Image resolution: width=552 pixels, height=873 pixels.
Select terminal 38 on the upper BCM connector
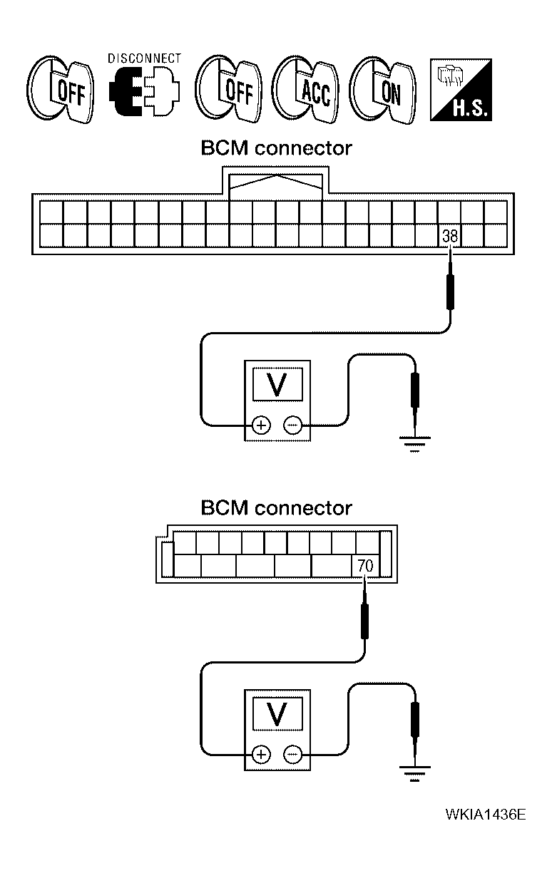coord(449,236)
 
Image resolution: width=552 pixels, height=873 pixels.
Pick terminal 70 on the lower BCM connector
coord(365,567)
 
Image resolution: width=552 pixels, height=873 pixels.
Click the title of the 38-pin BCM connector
coord(276,148)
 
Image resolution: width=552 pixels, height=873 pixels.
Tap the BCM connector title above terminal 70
coord(276,508)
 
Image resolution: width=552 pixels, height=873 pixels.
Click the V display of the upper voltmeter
coord(279,385)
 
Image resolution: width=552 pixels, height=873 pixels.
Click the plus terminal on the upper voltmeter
coord(261,425)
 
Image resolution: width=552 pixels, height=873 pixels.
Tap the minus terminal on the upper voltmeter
coord(292,425)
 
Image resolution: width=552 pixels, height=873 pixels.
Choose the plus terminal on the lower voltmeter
coord(261,754)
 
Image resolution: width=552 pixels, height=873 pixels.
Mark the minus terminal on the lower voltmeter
coord(292,754)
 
